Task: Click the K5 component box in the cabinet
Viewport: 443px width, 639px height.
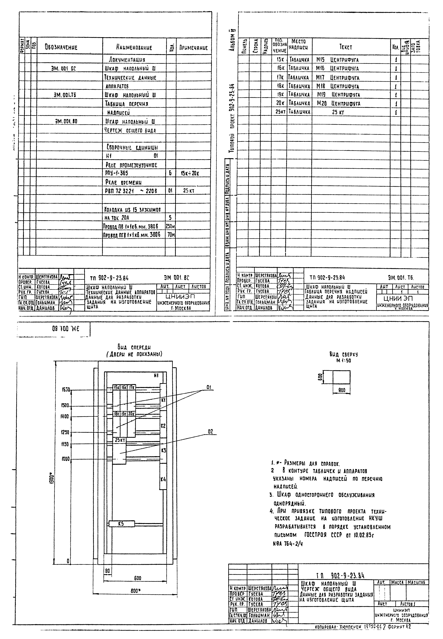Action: [x=121, y=524]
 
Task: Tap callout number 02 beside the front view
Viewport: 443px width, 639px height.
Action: [x=210, y=432]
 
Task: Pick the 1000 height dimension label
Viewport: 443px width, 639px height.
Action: [x=66, y=459]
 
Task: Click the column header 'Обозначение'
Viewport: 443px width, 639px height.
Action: [x=61, y=47]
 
